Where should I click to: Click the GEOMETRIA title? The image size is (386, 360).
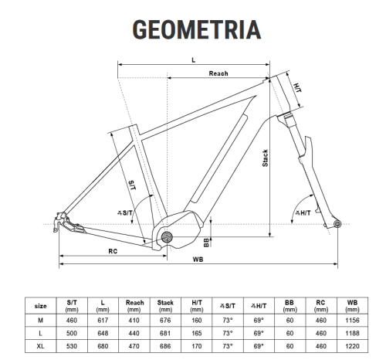pos(197,29)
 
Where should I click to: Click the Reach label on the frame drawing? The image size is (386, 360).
pos(218,73)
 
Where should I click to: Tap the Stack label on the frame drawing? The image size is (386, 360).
pos(265,158)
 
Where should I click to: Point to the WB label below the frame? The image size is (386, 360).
pos(198,260)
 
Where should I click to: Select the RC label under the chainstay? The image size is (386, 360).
pos(113,251)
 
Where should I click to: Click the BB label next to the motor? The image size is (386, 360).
pos(206,243)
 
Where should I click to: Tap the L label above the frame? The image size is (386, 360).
pos(194,60)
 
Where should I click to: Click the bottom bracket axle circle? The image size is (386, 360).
pos(167,236)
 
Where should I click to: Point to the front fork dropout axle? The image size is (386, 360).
pos(337,224)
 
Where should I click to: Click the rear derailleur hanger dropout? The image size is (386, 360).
pos(58,222)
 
